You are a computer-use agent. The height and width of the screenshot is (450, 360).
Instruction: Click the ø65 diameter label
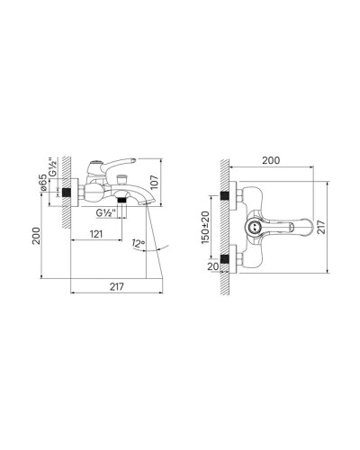[44, 186]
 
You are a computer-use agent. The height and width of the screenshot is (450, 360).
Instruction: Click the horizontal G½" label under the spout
[106, 212]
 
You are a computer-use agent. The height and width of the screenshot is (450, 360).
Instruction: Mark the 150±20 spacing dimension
[206, 226]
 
